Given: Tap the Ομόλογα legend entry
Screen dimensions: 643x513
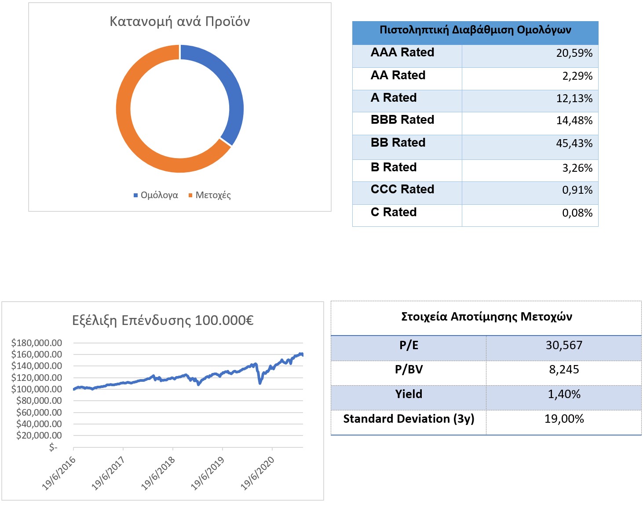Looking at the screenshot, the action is tap(156, 196).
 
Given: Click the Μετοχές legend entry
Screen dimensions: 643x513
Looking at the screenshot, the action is tap(210, 196).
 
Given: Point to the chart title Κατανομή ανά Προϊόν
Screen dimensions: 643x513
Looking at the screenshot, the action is tap(179, 22).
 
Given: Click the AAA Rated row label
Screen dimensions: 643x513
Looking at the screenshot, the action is tap(402, 52).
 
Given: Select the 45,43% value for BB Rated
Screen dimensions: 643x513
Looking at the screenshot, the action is tap(574, 143).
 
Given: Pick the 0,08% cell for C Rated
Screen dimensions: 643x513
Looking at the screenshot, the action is tap(577, 213).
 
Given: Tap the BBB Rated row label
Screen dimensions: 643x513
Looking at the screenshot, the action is tap(402, 120).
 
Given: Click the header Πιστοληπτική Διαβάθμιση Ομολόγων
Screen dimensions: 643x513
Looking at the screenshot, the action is tap(475, 30).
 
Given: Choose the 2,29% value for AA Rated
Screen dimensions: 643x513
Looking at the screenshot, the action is tap(577, 76).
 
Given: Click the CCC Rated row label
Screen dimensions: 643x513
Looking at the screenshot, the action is tap(402, 189).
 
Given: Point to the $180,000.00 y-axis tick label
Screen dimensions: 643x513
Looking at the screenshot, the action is tap(37, 343).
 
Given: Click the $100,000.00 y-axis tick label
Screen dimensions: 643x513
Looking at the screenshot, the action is tap(37, 389).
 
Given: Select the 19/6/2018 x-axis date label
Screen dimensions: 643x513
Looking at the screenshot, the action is tap(158, 473).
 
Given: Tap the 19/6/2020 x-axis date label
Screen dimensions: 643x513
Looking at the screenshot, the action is tap(257, 473).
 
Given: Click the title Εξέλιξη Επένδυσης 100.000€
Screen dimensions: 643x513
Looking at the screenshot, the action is tap(163, 321).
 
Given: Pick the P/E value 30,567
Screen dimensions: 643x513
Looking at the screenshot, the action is tap(564, 346).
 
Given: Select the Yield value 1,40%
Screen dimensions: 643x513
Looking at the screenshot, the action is tap(564, 394).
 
